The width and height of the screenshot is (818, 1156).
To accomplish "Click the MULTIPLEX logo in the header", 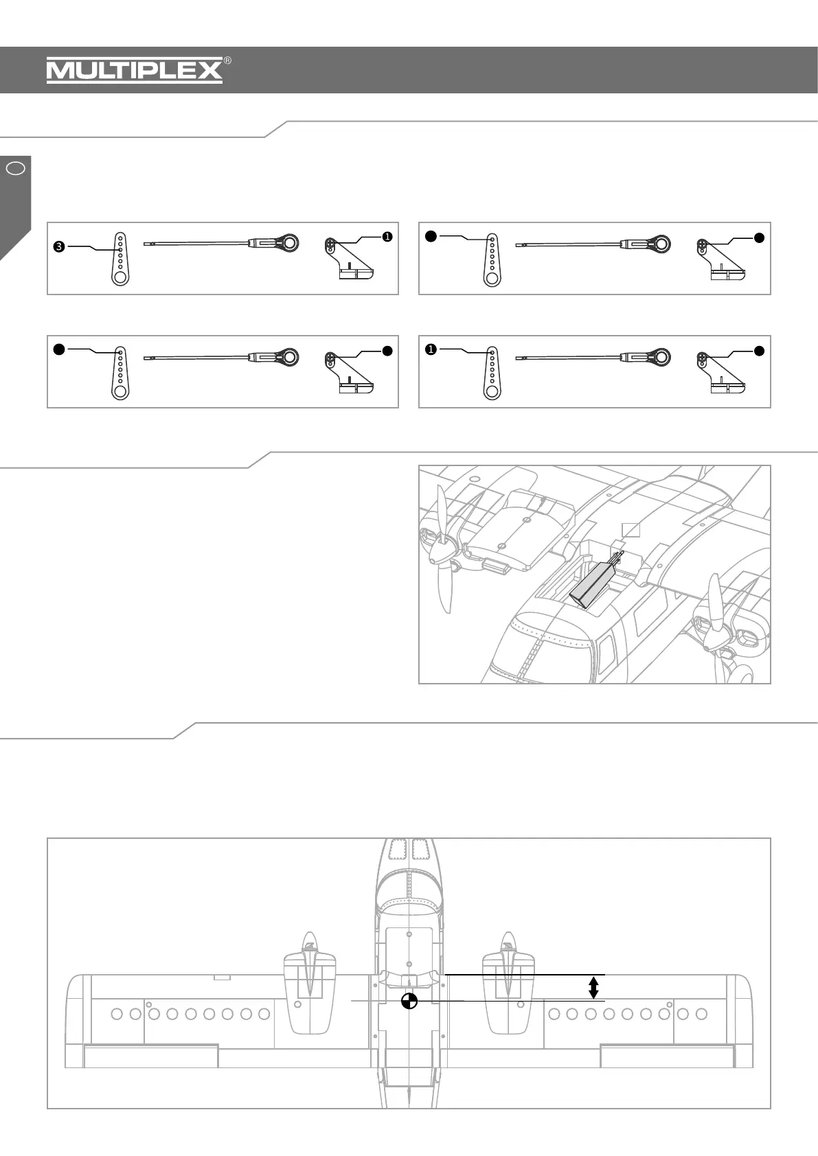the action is (135, 70).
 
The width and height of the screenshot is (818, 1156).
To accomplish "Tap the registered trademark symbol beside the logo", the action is (227, 60).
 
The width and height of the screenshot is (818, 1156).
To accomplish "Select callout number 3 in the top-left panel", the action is (59, 246).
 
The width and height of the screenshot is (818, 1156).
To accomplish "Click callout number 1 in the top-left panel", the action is (387, 237).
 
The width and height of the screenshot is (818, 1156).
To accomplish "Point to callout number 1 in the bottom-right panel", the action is (431, 350).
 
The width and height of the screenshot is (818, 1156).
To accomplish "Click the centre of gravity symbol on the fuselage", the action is (409, 1001).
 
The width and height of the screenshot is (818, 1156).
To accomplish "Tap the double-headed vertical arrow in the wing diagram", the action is (593, 988).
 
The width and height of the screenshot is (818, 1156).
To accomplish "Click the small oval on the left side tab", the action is (16, 167).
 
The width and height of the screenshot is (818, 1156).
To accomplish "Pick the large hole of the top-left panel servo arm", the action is (120, 277).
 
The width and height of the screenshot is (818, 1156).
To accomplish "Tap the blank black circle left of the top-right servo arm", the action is (431, 237).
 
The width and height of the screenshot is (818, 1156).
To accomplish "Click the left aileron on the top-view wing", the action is (150, 1056).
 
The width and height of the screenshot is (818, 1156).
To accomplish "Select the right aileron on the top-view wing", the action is (667, 1056).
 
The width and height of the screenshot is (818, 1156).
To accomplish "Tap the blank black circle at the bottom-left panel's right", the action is (387, 350).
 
